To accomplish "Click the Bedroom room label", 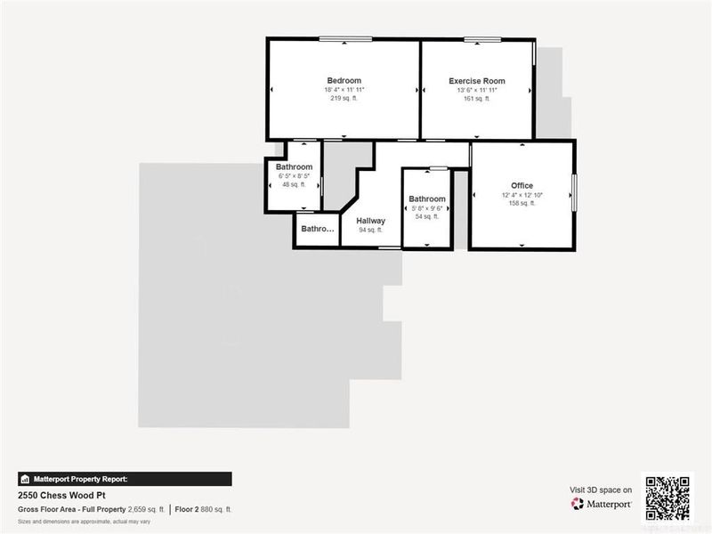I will (344, 81).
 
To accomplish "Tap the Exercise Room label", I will (476, 81).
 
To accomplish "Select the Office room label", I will (522, 186).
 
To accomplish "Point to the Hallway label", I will (370, 221).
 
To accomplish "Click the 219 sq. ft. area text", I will (344, 98).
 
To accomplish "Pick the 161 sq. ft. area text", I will (476, 98).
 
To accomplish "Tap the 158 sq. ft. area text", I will (522, 203).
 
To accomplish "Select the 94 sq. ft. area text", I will (370, 230).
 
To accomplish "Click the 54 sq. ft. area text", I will (427, 216).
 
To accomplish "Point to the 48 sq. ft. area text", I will (294, 184).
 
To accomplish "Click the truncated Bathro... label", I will (318, 229).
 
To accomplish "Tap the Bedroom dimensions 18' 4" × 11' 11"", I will (344, 90).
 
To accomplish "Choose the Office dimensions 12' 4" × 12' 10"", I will (522, 195).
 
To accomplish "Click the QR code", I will (667, 498).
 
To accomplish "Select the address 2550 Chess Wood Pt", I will (61, 494).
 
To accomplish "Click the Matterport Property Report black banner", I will (125, 479).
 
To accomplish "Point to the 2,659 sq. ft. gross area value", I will (147, 509).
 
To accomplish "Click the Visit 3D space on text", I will (601, 489).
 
